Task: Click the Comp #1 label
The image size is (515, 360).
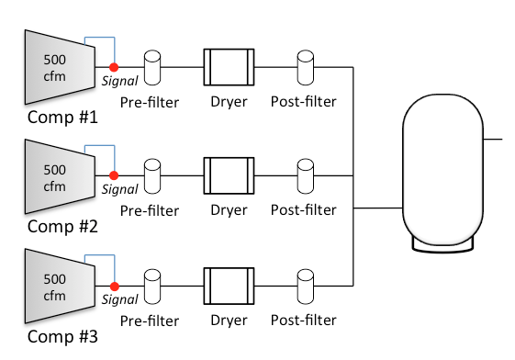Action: pos(62,118)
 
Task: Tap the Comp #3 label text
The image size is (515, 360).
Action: pos(62,335)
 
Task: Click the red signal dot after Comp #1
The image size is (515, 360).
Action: pos(114,67)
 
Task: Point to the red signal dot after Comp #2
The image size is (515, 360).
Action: pos(114,174)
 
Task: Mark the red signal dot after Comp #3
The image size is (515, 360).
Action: pos(114,284)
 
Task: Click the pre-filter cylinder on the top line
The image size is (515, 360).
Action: pos(152,66)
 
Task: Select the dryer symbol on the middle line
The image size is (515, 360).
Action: pos(228,174)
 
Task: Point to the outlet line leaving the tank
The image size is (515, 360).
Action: pos(493,140)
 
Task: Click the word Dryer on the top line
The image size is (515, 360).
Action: pos(229,102)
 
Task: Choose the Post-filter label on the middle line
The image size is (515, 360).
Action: pos(304,210)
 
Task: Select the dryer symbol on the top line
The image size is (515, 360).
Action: pos(228,66)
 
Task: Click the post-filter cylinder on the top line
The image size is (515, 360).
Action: pos(305,66)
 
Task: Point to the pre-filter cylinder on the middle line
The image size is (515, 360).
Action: pos(152,174)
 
